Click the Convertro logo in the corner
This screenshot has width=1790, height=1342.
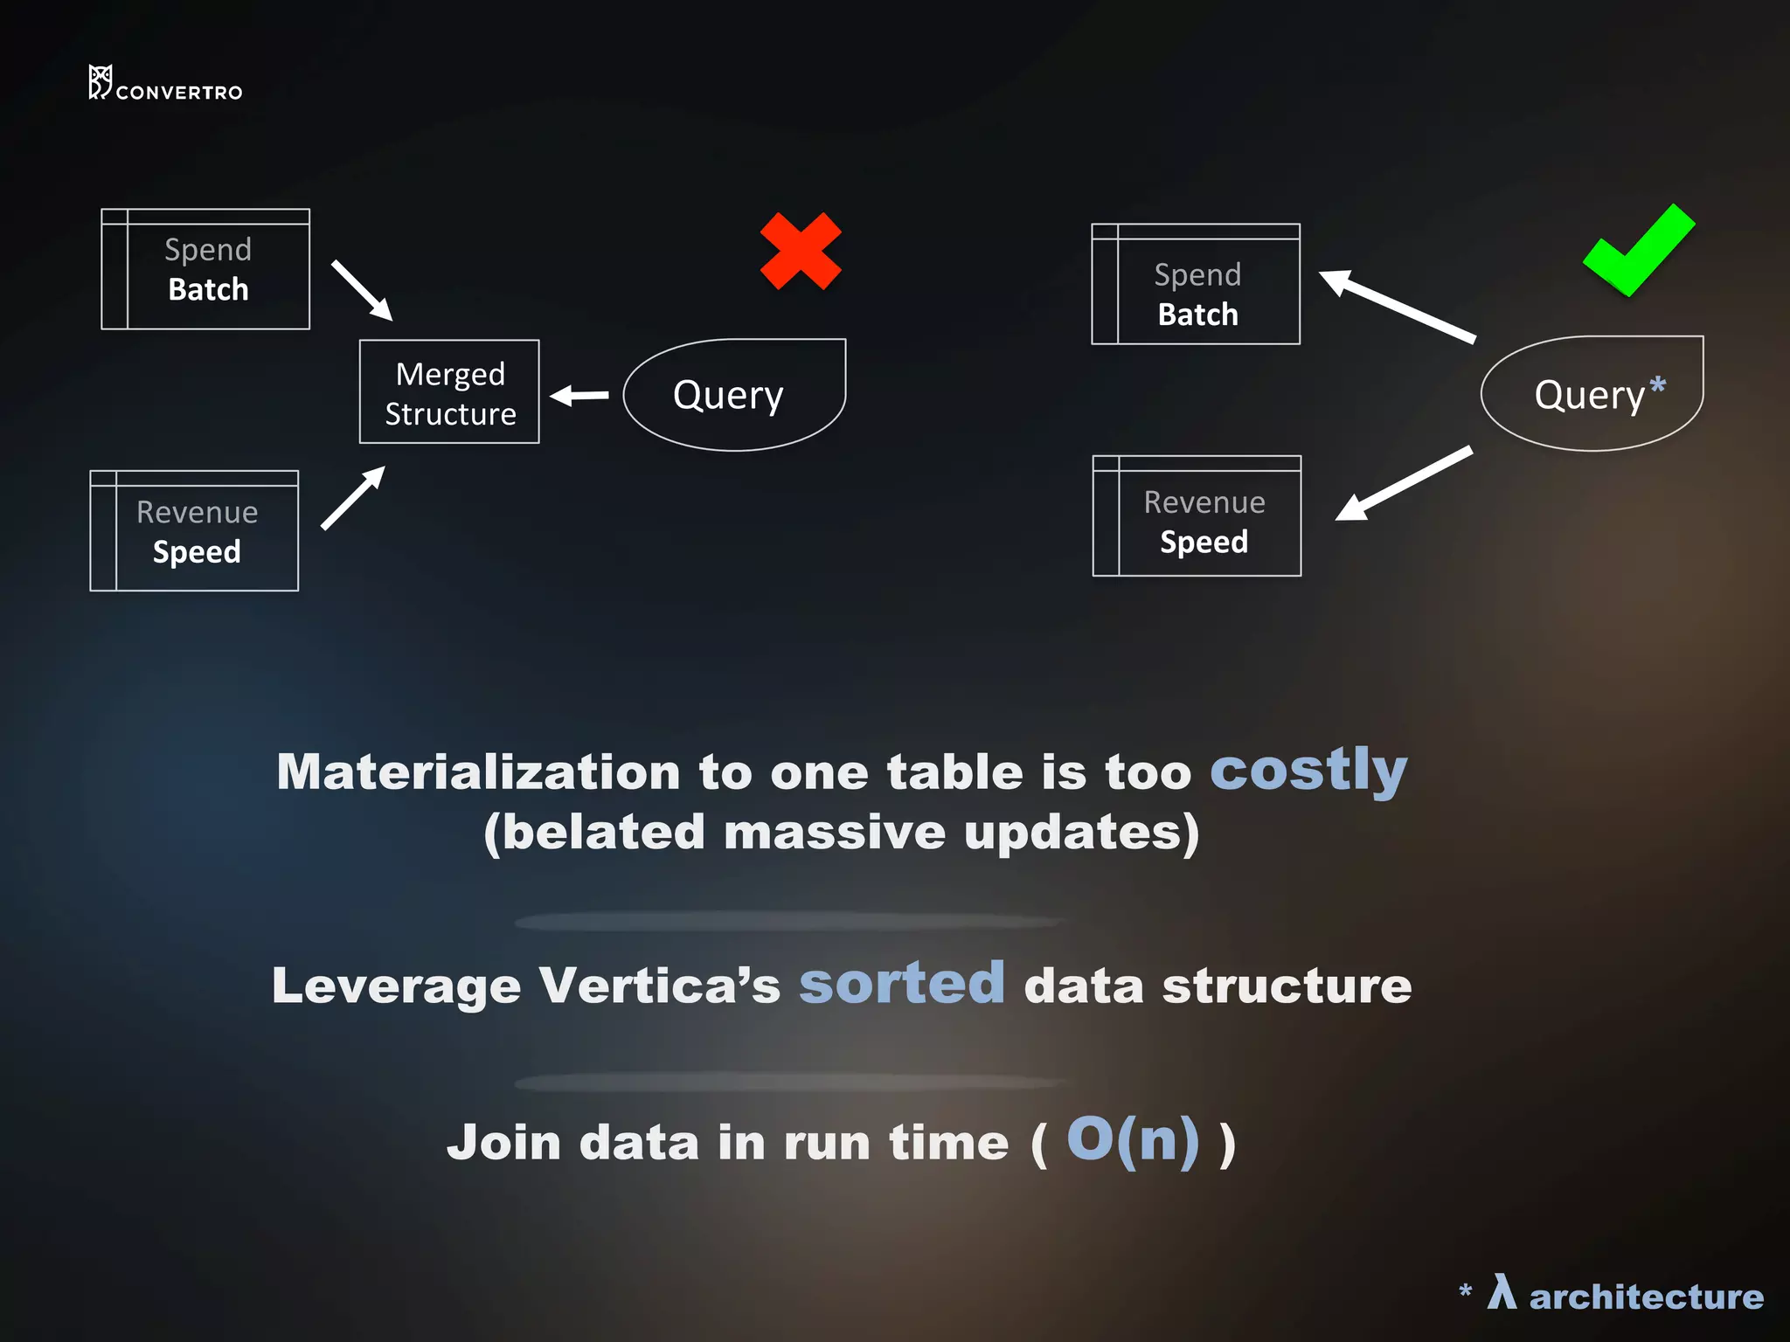(165, 84)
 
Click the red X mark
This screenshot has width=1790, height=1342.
(801, 251)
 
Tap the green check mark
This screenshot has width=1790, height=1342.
(1638, 252)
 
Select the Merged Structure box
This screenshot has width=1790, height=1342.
(449, 392)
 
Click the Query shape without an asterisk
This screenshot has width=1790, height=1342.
(733, 395)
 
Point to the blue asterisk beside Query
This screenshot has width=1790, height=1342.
(1657, 385)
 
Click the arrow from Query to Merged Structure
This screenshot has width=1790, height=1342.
(579, 396)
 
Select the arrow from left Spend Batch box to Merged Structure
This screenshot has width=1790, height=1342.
(362, 290)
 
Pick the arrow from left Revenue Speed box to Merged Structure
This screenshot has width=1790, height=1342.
(353, 498)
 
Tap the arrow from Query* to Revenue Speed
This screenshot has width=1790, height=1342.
(1404, 483)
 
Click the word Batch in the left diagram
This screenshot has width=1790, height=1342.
(208, 289)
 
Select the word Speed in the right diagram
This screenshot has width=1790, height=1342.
(1204, 542)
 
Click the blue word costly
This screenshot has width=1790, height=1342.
(1308, 770)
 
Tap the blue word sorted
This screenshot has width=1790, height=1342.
(902, 983)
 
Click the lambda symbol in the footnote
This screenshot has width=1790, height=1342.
(1502, 1292)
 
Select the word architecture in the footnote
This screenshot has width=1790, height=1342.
(1646, 1297)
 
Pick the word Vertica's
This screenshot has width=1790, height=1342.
(659, 986)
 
